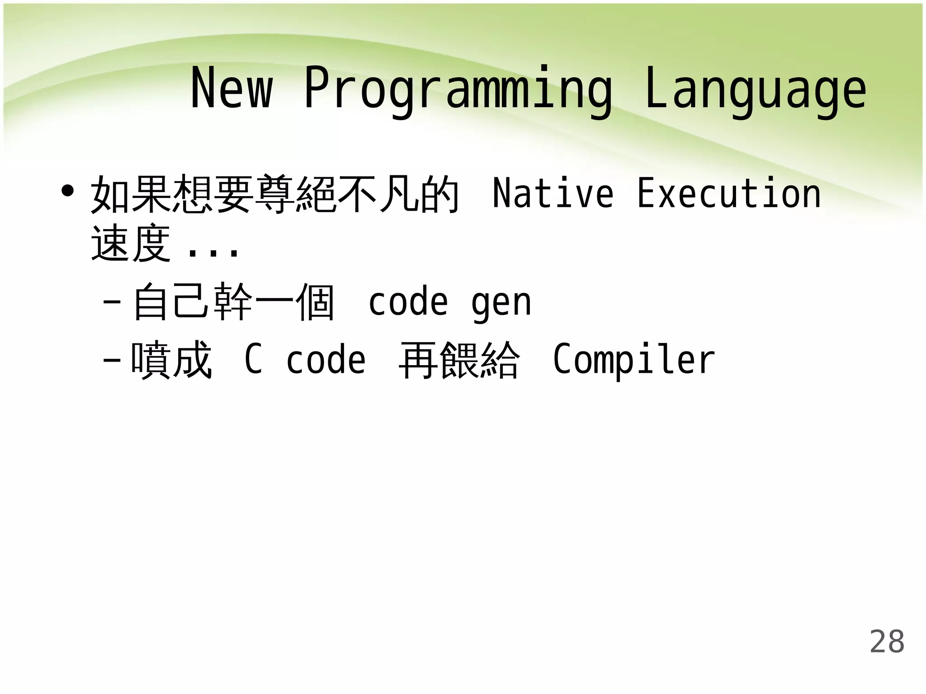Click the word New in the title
coord(231,88)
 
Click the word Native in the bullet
coord(553,193)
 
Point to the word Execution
coord(729,193)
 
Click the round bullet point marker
coord(68,191)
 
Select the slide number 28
coord(887,642)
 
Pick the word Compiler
coord(634,361)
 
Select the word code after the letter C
coord(326,360)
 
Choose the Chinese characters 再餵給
coord(459,360)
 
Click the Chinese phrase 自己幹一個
coord(234,301)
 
